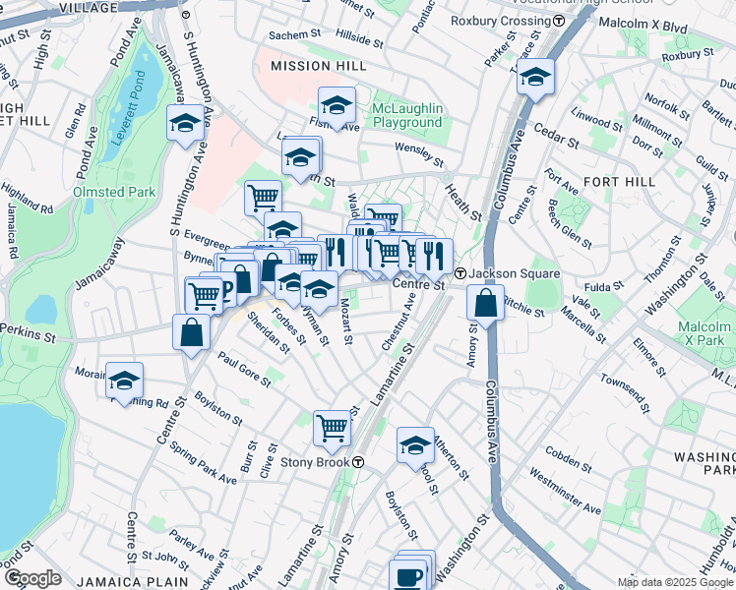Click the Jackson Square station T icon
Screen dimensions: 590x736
(x=460, y=273)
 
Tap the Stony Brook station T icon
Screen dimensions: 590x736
(x=359, y=461)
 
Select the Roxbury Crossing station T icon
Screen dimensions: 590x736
(x=559, y=20)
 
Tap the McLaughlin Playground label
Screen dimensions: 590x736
(x=406, y=115)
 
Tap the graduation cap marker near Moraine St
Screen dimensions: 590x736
(x=124, y=381)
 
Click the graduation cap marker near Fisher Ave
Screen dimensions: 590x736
(x=337, y=105)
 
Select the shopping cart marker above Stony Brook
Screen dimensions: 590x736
(x=333, y=428)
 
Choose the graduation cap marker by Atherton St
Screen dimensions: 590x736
(x=415, y=445)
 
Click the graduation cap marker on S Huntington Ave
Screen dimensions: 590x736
(x=184, y=124)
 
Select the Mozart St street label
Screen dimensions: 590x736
(x=345, y=322)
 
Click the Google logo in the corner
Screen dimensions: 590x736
(x=32, y=577)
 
